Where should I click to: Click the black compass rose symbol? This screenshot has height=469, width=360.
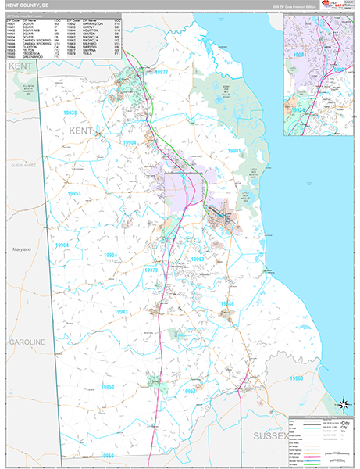click(341, 404)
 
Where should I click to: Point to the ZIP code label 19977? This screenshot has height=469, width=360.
click(161, 73)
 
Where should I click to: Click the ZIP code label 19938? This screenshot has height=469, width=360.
click(70, 113)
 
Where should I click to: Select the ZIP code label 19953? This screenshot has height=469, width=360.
click(73, 193)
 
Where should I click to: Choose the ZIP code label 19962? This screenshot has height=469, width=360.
click(197, 259)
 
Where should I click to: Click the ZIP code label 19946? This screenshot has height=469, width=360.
click(226, 303)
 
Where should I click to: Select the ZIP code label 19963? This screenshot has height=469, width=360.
click(296, 378)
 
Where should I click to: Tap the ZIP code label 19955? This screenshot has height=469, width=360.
click(107, 455)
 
